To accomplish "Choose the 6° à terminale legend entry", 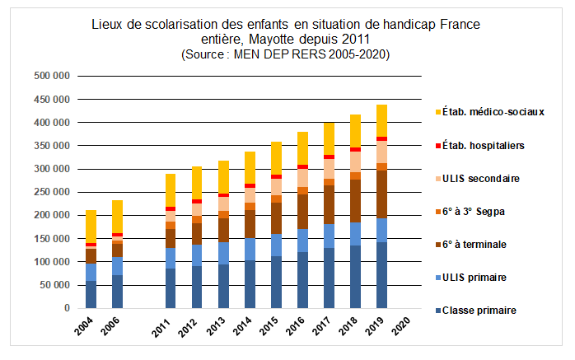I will (476, 244).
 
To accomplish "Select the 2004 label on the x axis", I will (90, 326).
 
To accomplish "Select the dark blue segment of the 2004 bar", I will (91, 294).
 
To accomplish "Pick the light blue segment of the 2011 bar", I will (170, 258).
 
